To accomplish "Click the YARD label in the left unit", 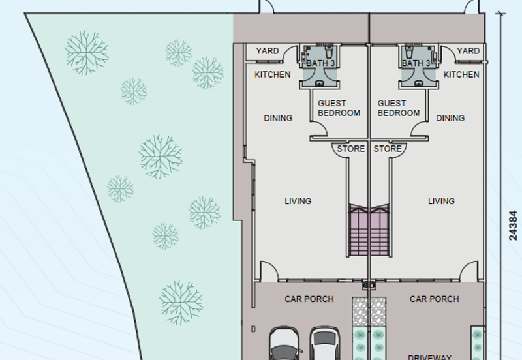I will pos(267,51).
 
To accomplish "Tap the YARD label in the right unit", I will pos(468,51).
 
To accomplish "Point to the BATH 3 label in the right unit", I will pos(416,63).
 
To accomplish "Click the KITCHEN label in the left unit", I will pos(272,74).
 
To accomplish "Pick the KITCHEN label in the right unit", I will pos(461,74).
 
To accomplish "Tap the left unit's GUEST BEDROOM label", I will pos(339,108).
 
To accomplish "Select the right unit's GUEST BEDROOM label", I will pos(398,108).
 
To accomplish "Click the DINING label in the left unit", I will pos(278,118).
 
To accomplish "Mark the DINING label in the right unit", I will pos(450,118).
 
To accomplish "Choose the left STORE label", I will pos(350,149).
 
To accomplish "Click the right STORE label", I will pos(388,149).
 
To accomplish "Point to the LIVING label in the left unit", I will pos(298,201).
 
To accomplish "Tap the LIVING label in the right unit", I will pos(441,201).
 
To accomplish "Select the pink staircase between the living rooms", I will pos(369,232).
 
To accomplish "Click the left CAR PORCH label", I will pos(309,299).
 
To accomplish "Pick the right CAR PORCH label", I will pos(434,299).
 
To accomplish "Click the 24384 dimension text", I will pos(513,225).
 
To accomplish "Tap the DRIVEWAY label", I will pos(429,356).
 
